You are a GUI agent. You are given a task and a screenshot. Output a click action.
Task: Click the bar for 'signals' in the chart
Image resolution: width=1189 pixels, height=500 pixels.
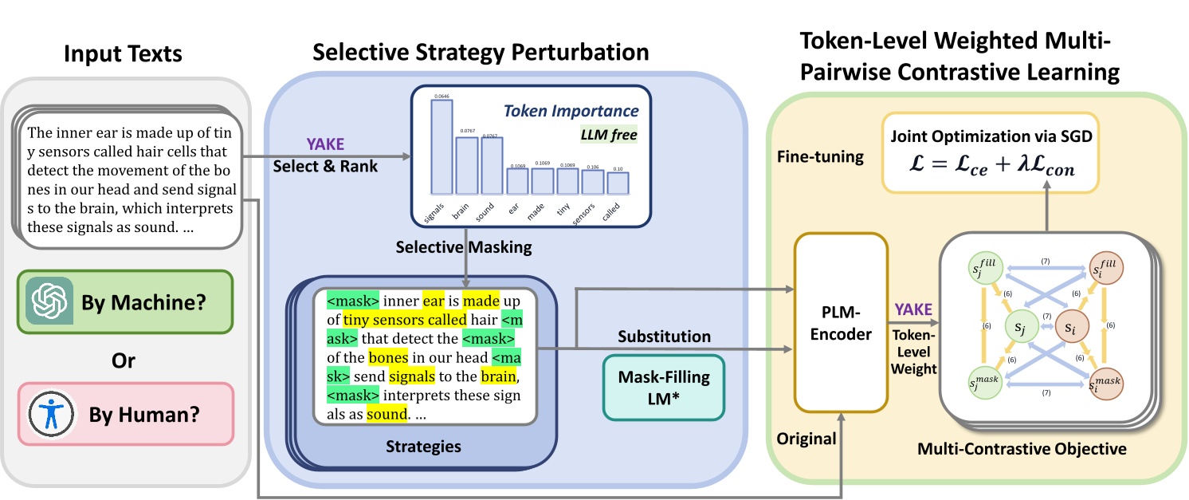441,148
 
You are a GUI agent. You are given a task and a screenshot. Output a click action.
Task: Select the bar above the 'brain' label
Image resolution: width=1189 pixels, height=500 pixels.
466,166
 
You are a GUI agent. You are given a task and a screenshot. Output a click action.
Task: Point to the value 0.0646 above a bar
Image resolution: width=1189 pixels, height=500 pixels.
441,96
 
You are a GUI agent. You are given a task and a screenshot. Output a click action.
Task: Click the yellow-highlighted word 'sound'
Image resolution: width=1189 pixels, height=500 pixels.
387,415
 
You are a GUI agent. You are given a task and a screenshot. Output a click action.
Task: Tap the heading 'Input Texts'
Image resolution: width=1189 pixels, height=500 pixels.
123,54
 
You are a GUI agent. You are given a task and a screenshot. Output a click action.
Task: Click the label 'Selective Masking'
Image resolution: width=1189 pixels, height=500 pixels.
464,248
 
